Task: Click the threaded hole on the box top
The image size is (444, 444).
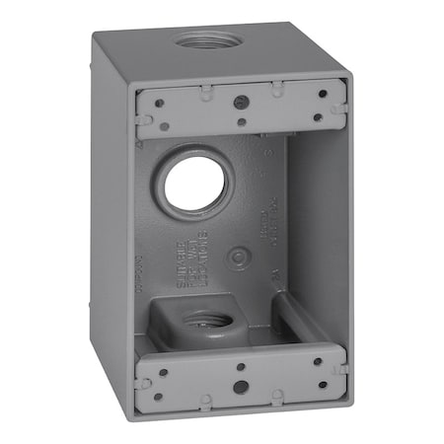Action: coord(201,44)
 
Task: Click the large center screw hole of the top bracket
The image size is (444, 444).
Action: coord(240,102)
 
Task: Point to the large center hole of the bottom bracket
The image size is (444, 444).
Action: coord(240,386)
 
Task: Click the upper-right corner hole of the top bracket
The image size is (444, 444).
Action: coord(322,95)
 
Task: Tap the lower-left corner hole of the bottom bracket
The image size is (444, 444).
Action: coord(158,397)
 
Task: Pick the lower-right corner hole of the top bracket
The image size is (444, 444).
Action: coord(318,117)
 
